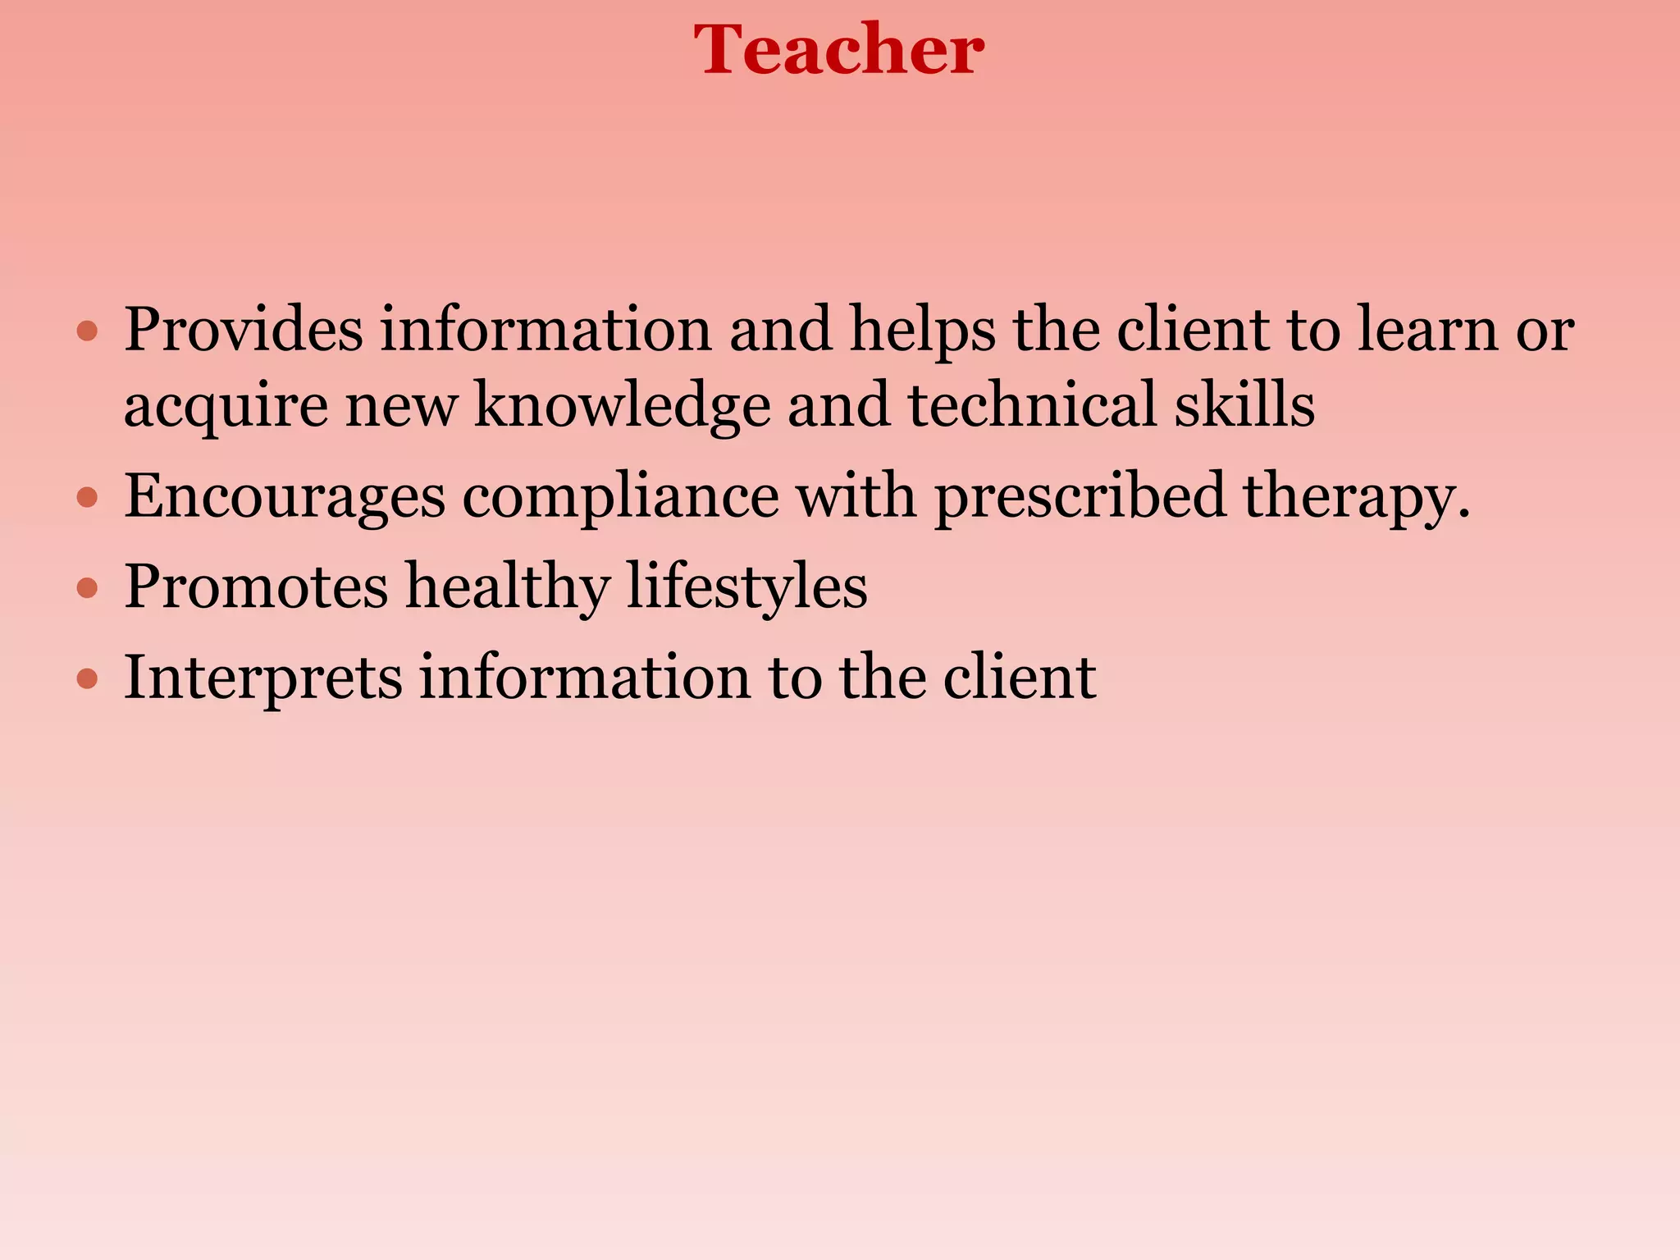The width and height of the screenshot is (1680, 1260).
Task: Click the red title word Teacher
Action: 838,51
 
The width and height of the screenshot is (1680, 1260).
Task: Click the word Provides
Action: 244,330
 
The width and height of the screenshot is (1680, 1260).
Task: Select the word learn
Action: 1427,330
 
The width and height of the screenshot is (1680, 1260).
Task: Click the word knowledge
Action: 623,406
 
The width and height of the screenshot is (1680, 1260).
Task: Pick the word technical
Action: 1031,404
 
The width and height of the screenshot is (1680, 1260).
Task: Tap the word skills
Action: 1244,404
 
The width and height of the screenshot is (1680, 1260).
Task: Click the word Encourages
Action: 285,497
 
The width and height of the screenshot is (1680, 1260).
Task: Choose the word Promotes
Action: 256,587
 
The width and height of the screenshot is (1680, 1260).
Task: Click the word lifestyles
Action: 746,587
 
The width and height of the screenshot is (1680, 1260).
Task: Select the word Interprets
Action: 262,678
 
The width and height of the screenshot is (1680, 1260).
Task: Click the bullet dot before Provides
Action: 87,332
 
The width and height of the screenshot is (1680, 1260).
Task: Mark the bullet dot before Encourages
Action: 87,498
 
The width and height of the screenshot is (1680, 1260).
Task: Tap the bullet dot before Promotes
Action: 87,588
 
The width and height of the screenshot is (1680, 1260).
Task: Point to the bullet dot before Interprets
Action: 87,679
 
